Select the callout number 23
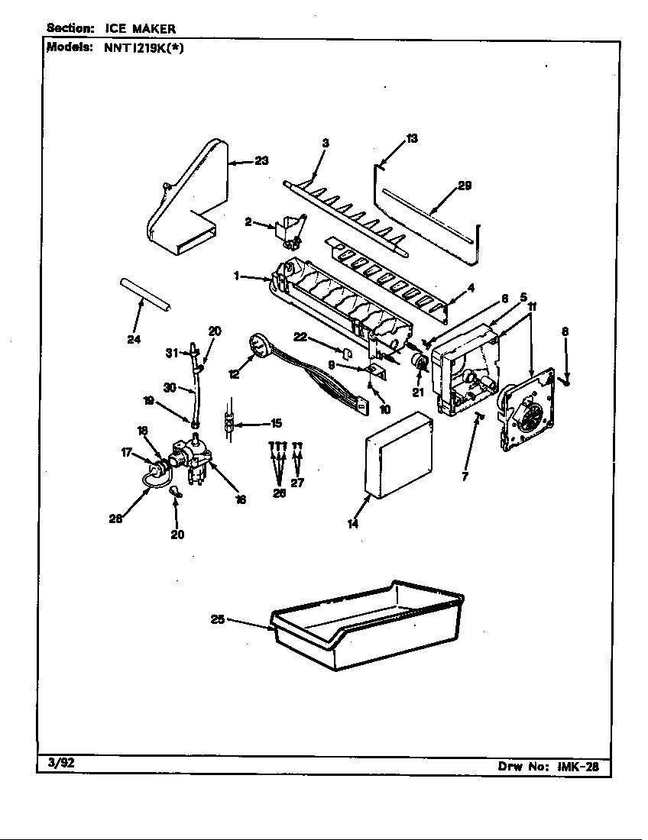(x=261, y=161)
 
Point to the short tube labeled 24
(x=144, y=293)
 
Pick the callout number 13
(x=412, y=138)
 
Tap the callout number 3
(x=325, y=143)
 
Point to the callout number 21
(x=418, y=393)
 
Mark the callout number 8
(x=565, y=332)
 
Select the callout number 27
(x=297, y=483)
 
